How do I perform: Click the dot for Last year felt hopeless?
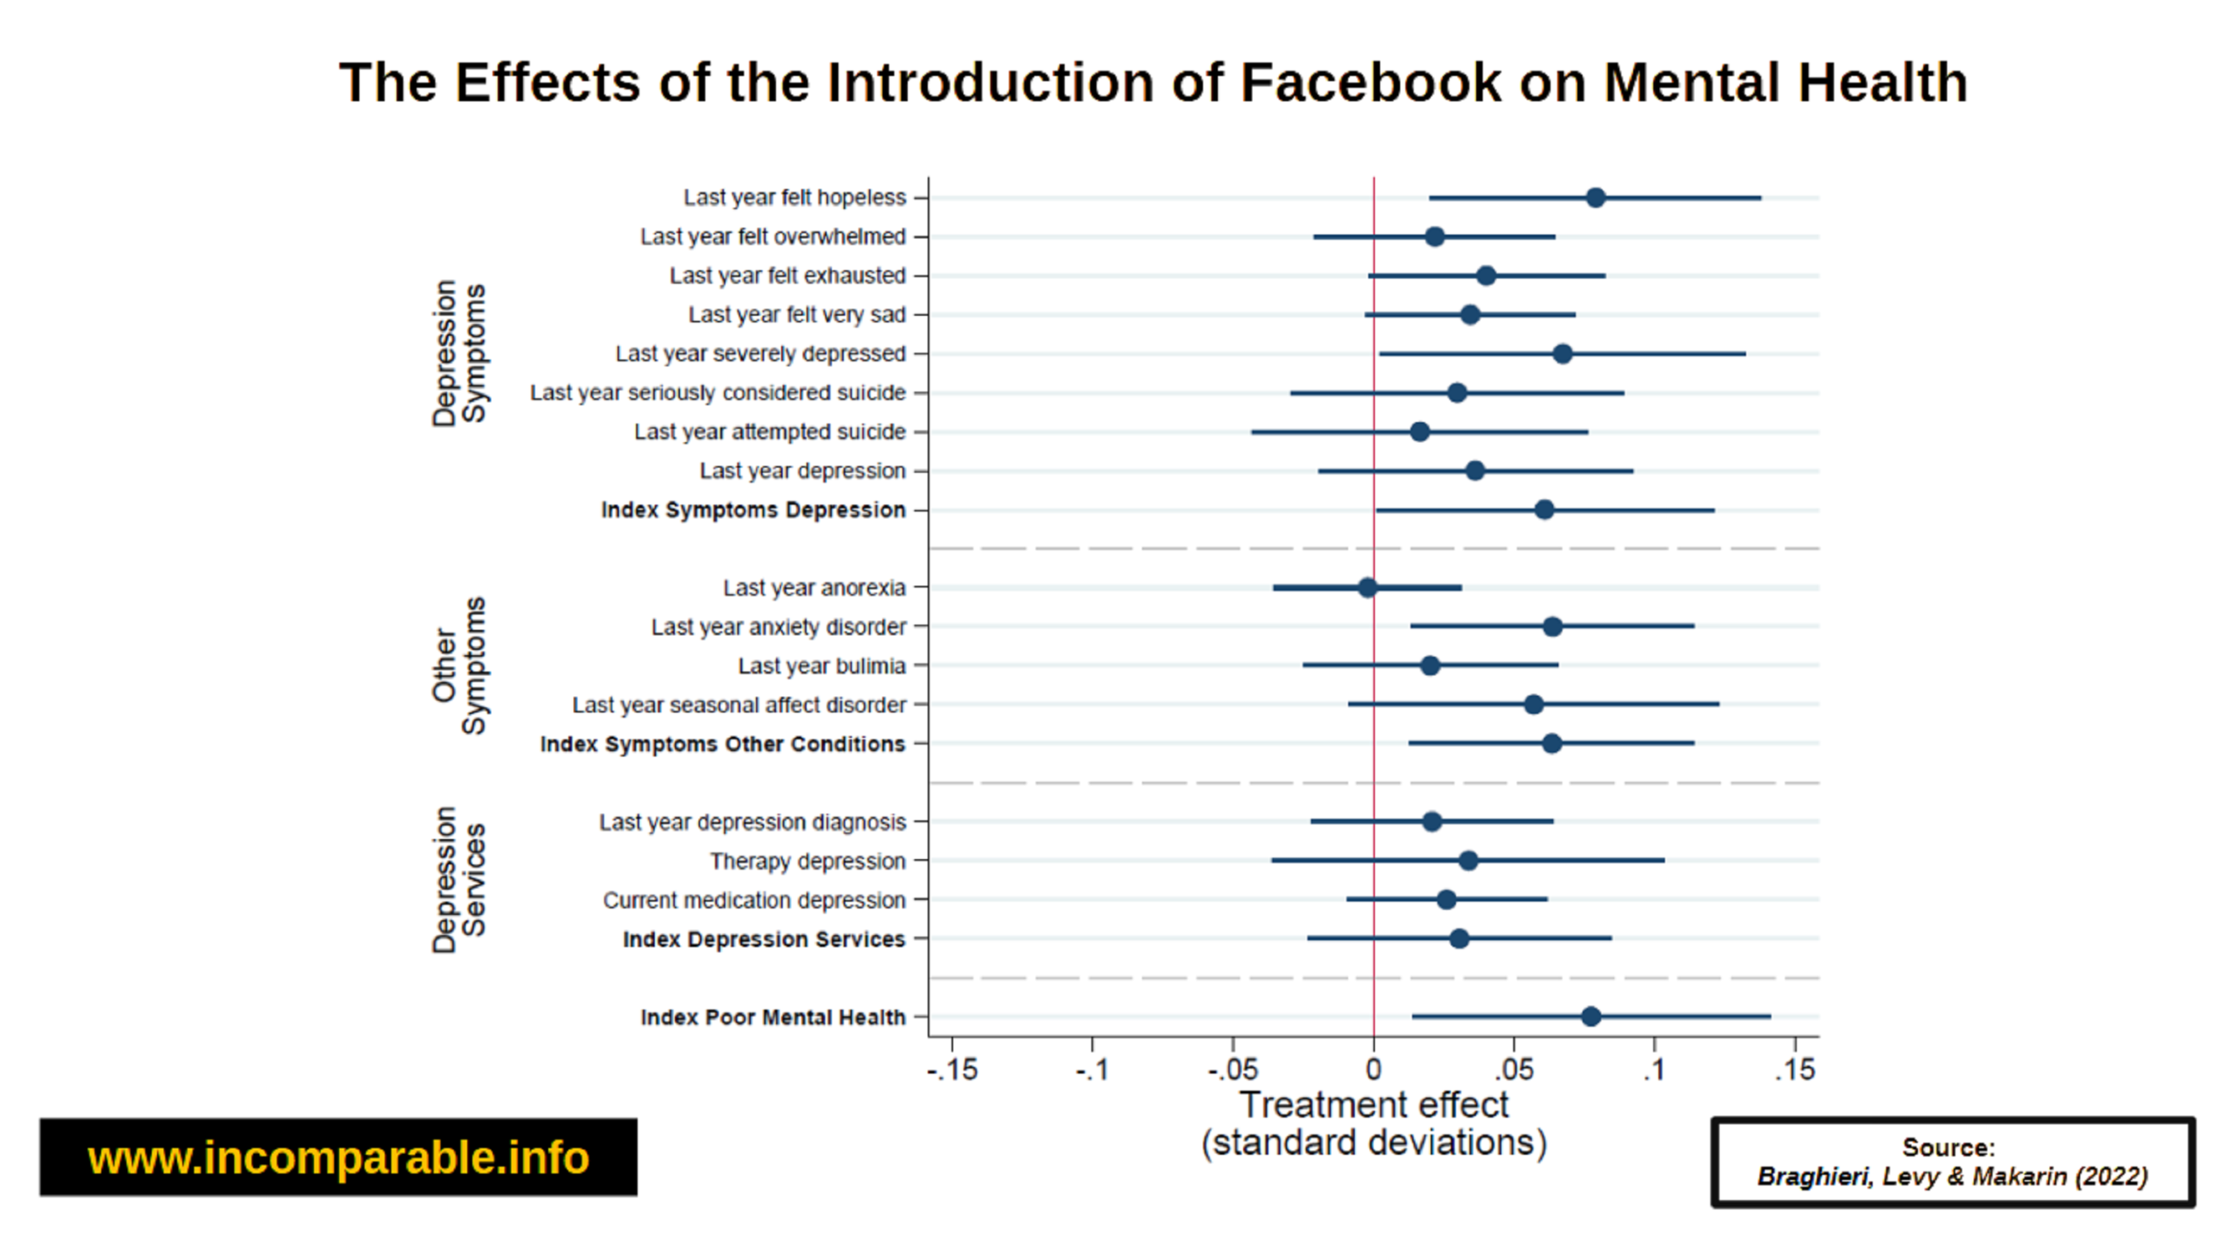point(1595,198)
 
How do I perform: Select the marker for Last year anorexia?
point(1367,588)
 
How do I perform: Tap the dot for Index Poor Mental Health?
point(1590,1017)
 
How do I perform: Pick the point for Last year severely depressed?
point(1562,354)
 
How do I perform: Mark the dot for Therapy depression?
point(1468,861)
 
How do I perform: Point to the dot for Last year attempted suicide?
point(1419,432)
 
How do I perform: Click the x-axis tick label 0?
point(1373,1070)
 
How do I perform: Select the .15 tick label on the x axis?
point(1795,1070)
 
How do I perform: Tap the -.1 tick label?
point(1092,1070)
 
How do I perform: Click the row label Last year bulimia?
point(821,666)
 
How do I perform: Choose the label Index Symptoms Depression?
point(753,510)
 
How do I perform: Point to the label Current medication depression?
point(754,900)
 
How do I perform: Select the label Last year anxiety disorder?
point(779,627)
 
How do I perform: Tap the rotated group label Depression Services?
point(459,879)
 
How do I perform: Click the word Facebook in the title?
point(1370,83)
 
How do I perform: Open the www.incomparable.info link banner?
point(338,1157)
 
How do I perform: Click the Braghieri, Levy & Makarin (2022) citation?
point(1952,1177)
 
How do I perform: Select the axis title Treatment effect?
point(1374,1105)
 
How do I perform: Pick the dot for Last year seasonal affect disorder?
point(1534,705)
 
